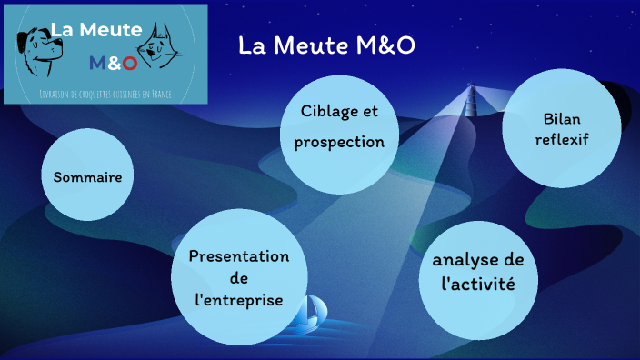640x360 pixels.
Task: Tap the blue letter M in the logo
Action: click(x=98, y=63)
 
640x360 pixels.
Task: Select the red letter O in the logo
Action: click(x=130, y=63)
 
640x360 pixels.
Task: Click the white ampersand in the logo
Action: click(x=115, y=63)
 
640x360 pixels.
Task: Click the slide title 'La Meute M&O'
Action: click(x=326, y=45)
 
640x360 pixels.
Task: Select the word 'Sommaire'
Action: click(x=87, y=176)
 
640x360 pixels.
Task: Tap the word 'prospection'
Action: click(x=339, y=143)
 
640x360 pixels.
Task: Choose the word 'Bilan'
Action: click(x=561, y=119)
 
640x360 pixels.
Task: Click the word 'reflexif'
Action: click(x=561, y=139)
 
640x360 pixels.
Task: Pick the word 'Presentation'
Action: click(x=239, y=256)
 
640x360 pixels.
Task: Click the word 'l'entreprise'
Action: click(x=239, y=300)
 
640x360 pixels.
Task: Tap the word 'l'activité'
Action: click(x=477, y=285)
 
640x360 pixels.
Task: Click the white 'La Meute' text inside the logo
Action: click(x=96, y=30)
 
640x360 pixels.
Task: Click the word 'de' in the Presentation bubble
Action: click(x=239, y=278)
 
